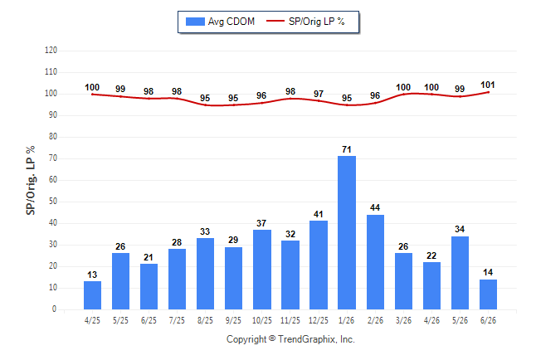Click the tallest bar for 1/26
click(x=347, y=232)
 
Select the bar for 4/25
click(x=92, y=295)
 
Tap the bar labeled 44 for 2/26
click(x=375, y=262)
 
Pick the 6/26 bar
click(x=488, y=294)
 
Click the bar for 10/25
click(x=262, y=270)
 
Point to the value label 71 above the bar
click(x=347, y=149)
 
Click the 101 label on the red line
click(x=488, y=85)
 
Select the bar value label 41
click(x=319, y=214)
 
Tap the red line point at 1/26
click(x=347, y=105)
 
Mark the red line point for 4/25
click(x=92, y=95)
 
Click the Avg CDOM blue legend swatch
click(x=195, y=22)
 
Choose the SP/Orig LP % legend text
click(x=317, y=22)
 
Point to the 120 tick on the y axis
click(x=51, y=51)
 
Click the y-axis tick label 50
click(x=53, y=202)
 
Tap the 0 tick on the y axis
click(x=55, y=309)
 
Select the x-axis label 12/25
click(x=319, y=320)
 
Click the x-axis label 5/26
click(x=460, y=320)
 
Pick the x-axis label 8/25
click(x=205, y=320)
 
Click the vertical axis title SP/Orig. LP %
click(x=31, y=181)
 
